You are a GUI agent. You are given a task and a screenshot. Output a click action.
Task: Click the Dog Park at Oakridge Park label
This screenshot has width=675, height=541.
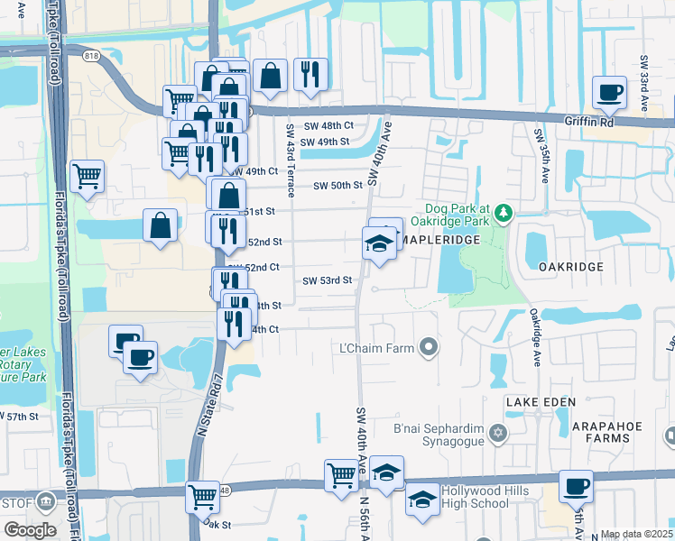click(452, 213)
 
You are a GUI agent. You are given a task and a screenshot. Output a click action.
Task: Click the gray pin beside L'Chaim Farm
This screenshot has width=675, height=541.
click(429, 347)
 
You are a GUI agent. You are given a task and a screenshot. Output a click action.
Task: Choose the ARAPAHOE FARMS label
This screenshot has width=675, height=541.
click(593, 438)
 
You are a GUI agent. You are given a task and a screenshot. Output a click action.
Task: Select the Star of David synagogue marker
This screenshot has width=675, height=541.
click(495, 436)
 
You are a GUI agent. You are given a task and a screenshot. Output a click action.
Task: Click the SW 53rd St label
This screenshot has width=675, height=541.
click(327, 280)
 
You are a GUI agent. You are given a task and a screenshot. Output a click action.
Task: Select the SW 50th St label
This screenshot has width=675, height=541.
click(337, 186)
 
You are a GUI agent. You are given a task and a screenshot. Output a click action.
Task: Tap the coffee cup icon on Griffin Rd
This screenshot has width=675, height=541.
click(609, 92)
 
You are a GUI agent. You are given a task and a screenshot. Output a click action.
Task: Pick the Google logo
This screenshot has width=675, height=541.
click(30, 530)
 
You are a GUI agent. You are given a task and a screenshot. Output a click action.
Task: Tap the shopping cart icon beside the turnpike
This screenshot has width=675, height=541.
click(87, 176)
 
